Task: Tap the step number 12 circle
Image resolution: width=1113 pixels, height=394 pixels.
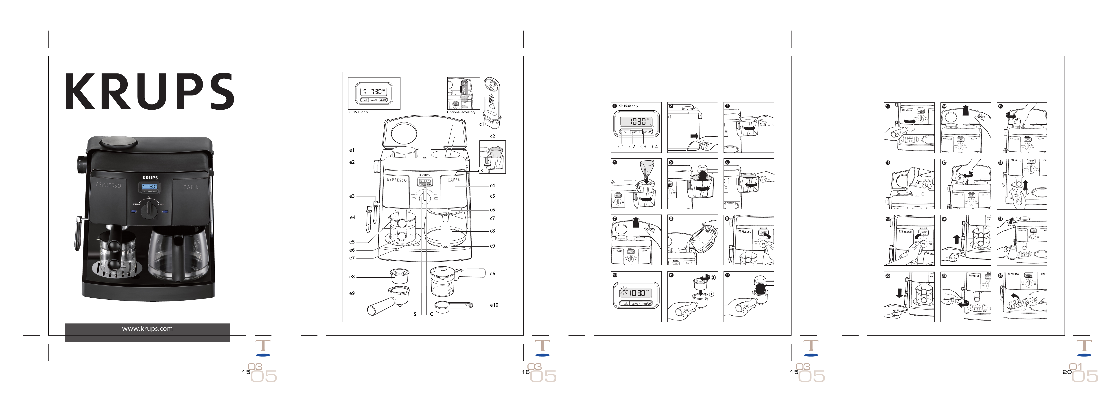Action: click(x=728, y=275)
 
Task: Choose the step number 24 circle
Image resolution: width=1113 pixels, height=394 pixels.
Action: click(x=1001, y=275)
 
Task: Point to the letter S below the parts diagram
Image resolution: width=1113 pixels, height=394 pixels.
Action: click(x=415, y=314)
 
